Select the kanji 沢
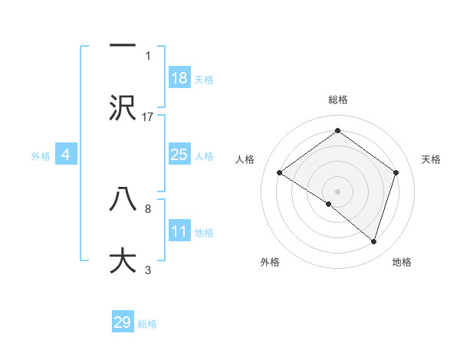click(123, 107)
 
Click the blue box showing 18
click(179, 78)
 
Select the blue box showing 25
click(179, 155)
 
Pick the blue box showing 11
click(179, 231)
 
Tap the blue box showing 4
click(66, 155)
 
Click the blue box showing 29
click(123, 322)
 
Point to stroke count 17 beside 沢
click(148, 117)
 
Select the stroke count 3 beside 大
click(148, 270)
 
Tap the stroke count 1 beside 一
click(148, 56)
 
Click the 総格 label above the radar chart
click(337, 100)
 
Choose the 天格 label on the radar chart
click(431, 159)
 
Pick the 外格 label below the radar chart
click(269, 263)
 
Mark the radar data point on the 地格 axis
click(373, 241)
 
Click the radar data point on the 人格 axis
click(280, 172)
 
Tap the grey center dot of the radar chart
click(337, 191)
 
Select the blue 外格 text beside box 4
click(41, 155)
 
